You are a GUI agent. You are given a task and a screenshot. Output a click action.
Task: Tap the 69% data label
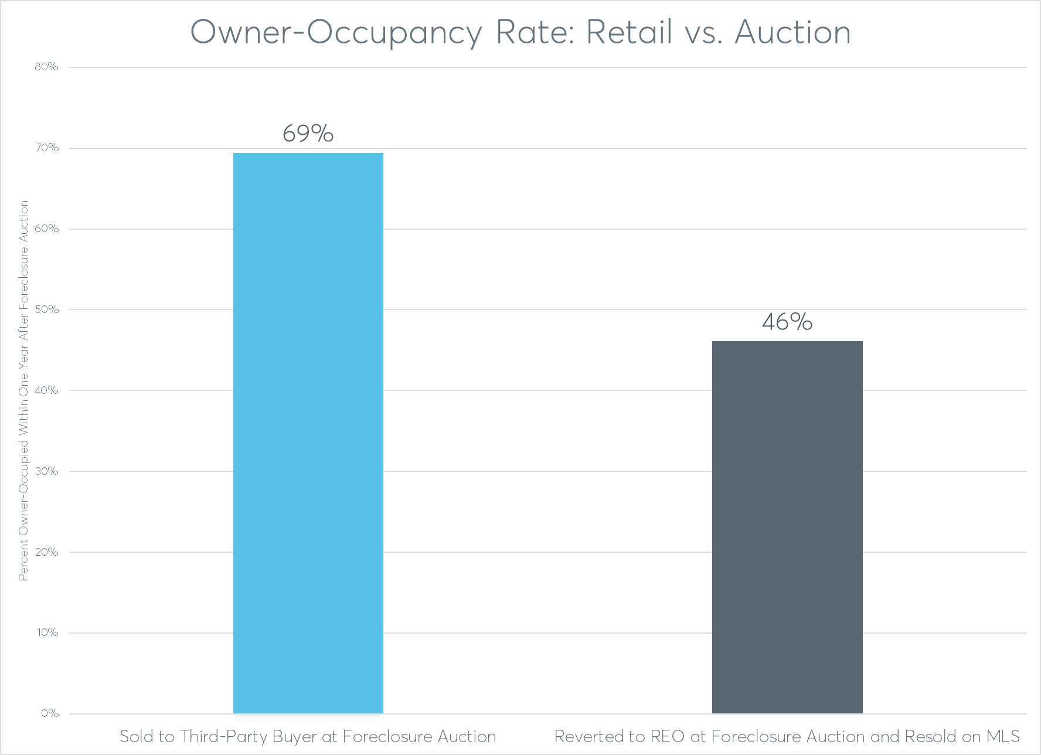pyautogui.click(x=308, y=134)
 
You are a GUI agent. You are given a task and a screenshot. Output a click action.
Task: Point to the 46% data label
pyautogui.click(x=787, y=322)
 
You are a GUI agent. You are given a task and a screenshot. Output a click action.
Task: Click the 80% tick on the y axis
pyautogui.click(x=46, y=67)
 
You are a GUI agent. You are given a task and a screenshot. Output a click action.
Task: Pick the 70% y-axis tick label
pyautogui.click(x=46, y=148)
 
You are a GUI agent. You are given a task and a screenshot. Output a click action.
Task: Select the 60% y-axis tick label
pyautogui.click(x=46, y=229)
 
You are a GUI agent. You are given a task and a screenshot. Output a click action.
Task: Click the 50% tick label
pyautogui.click(x=46, y=310)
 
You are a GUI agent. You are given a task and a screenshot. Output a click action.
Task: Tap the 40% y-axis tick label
pyautogui.click(x=46, y=390)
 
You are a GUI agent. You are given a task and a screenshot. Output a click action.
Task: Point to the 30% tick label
pyautogui.click(x=46, y=471)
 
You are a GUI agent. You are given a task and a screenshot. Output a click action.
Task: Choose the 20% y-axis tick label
pyautogui.click(x=46, y=552)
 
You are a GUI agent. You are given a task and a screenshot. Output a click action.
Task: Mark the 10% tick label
pyautogui.click(x=46, y=632)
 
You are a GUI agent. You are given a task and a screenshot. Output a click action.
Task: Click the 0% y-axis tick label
pyautogui.click(x=49, y=713)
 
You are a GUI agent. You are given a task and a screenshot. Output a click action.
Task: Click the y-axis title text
pyautogui.click(x=23, y=390)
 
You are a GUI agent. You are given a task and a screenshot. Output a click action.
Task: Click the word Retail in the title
pyautogui.click(x=629, y=32)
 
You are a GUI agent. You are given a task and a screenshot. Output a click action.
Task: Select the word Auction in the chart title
pyautogui.click(x=792, y=32)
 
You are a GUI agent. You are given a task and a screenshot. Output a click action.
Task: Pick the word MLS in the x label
pyautogui.click(x=1003, y=736)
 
